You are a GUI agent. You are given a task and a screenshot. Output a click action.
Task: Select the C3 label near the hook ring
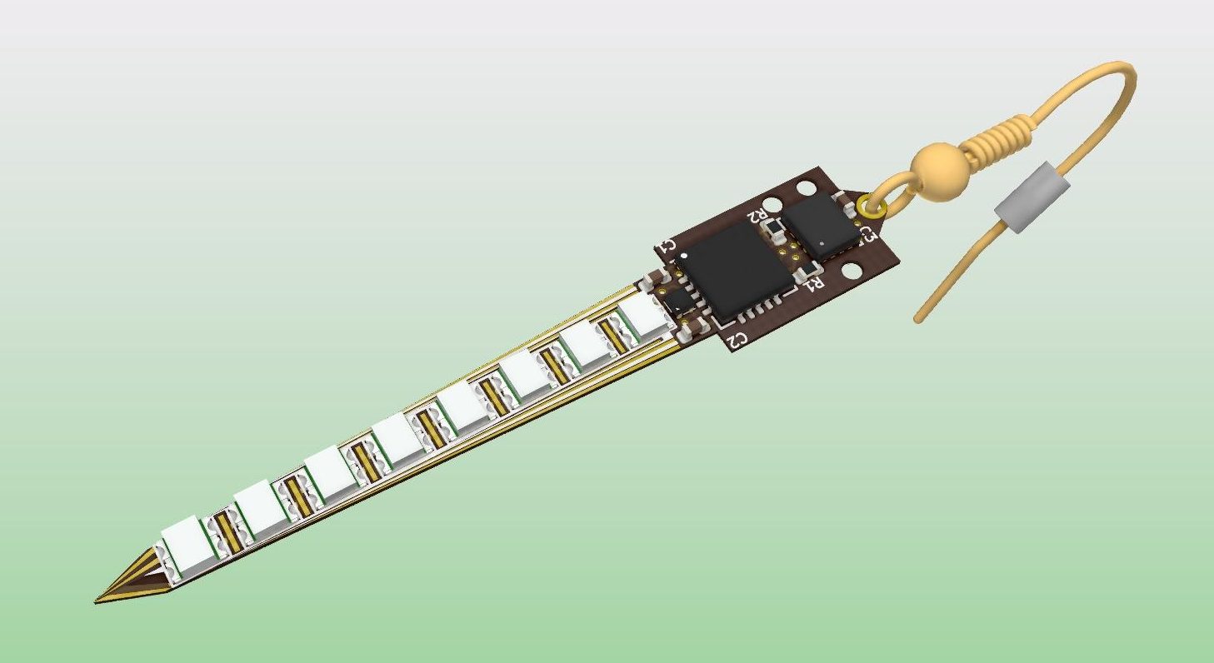(x=868, y=235)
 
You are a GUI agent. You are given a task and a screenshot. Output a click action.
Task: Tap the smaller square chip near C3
(x=822, y=222)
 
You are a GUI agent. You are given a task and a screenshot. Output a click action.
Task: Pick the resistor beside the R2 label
(x=774, y=227)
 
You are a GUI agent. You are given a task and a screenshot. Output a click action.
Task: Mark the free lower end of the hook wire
(x=919, y=319)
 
